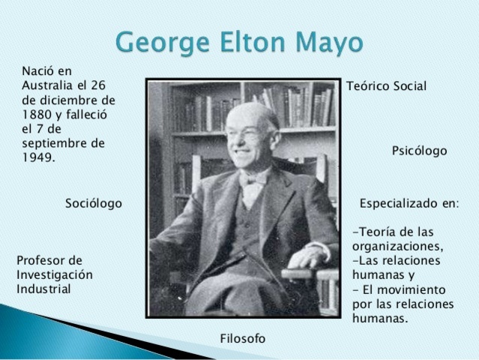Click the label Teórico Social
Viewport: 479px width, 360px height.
click(386, 86)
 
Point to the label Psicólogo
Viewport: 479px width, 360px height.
click(419, 151)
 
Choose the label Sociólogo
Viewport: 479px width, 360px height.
click(94, 203)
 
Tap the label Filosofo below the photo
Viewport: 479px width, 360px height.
click(243, 338)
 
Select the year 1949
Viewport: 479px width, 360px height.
click(38, 157)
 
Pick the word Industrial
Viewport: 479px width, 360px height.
click(43, 288)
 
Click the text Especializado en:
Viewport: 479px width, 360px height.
click(409, 203)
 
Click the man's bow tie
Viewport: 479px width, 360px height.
click(253, 180)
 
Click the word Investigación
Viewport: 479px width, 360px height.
click(55, 274)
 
